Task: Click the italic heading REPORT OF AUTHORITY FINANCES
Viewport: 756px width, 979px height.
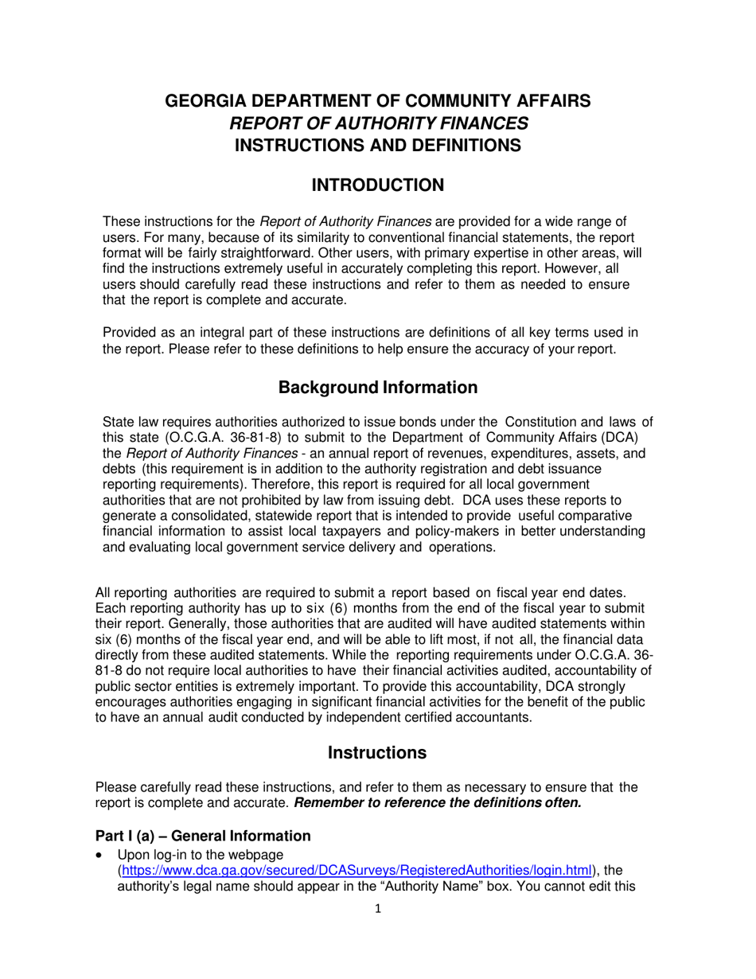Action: (378, 123)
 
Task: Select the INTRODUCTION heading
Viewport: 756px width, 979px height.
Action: (378, 185)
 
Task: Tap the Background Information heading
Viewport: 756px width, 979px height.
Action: (378, 388)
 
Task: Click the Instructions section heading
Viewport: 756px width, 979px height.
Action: (377, 752)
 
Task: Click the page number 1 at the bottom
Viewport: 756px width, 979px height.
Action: (378, 928)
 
